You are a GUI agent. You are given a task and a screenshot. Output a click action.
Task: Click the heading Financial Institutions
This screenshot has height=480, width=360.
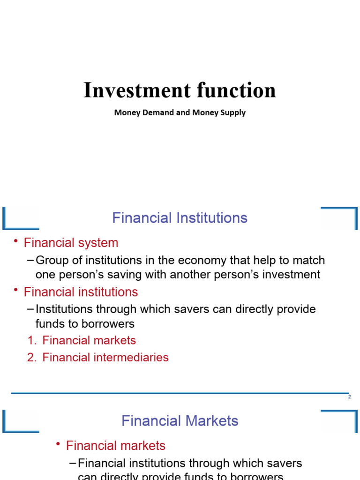click(180, 218)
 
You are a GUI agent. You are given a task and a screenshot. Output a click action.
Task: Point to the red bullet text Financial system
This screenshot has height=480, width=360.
click(71, 243)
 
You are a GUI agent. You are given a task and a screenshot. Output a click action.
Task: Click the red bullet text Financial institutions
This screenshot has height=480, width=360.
click(81, 292)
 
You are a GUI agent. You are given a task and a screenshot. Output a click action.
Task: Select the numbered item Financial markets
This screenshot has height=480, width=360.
click(89, 340)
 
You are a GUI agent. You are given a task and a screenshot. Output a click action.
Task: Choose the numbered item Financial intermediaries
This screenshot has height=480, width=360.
click(105, 357)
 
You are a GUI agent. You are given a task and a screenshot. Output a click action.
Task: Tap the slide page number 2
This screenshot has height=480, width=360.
click(349, 397)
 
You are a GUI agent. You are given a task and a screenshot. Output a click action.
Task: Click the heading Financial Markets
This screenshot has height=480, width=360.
click(180, 421)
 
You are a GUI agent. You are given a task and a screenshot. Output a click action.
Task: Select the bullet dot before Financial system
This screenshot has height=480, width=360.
click(15, 241)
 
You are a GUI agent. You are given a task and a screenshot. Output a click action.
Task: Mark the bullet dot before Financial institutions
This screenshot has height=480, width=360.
click(15, 290)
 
